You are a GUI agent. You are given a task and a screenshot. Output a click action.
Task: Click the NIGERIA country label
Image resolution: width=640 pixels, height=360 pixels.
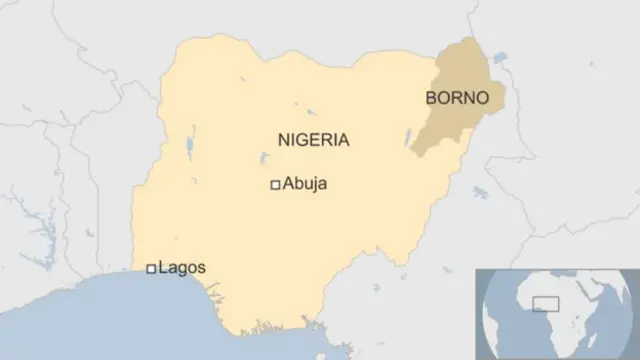pos(313,140)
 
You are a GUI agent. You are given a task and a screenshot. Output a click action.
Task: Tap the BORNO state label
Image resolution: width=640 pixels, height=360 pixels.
pos(457,99)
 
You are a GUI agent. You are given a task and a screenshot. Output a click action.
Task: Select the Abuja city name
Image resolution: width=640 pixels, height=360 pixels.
pos(305,184)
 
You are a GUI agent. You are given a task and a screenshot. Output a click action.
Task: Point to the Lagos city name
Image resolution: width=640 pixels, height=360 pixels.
pos(182,268)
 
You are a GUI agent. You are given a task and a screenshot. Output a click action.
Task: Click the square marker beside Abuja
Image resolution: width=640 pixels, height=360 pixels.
pos(275,184)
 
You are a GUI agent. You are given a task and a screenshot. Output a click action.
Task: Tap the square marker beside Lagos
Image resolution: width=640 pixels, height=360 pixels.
pos(151,268)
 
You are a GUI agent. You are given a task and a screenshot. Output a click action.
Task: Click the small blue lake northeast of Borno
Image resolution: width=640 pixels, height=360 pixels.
pos(498,65)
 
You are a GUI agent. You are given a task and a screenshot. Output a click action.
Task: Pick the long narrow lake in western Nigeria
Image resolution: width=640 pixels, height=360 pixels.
pos(189,149)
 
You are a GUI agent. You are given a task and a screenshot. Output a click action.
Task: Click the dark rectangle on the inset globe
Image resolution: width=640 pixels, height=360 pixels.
pos(546,304)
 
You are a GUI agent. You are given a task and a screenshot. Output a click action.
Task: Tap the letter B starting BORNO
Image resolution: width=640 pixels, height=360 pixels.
pos(431,99)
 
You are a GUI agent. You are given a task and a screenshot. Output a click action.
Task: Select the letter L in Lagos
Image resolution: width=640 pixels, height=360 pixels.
pos(163,268)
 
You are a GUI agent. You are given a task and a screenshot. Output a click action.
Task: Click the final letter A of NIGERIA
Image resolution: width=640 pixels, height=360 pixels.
pos(344,140)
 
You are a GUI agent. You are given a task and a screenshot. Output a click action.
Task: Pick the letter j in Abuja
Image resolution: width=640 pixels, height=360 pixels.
pos(314,185)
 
